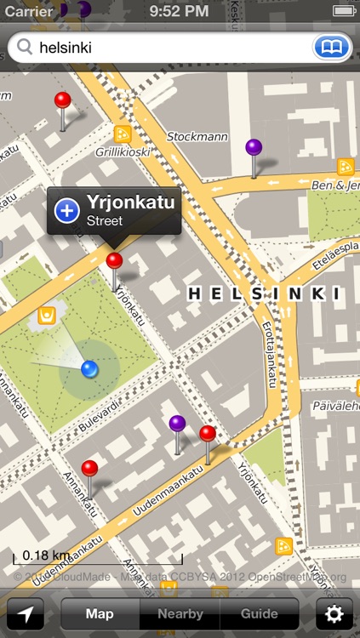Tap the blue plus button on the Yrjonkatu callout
(67, 210)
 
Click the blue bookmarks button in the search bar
(332, 48)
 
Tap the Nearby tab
(180, 613)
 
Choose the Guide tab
(260, 613)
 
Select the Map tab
(100, 613)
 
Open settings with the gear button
(334, 613)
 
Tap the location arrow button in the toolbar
(26, 613)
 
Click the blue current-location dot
(89, 368)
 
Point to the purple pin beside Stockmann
(254, 148)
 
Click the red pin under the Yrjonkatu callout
(114, 261)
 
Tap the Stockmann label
(197, 136)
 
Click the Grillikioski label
(123, 152)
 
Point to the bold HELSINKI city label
(263, 293)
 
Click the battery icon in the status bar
(344, 11)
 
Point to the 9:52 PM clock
(179, 11)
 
